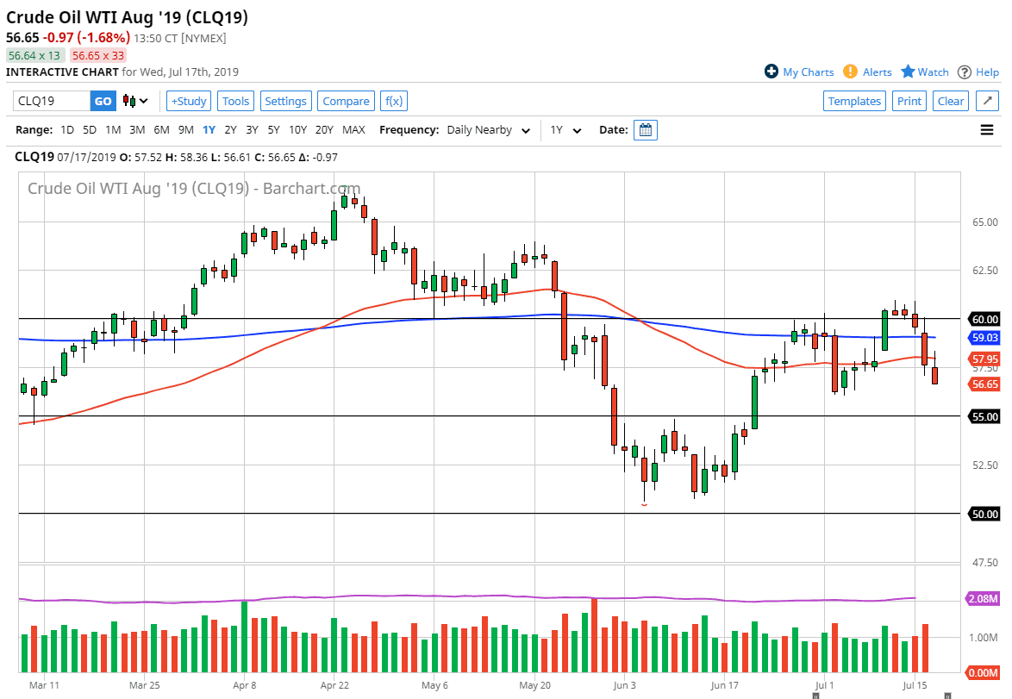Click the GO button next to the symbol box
tap(103, 101)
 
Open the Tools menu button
tap(235, 101)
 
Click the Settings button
tap(285, 101)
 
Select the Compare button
tap(346, 101)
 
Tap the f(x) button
tap(393, 101)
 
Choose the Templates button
tap(854, 101)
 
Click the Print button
tap(909, 101)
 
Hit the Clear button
tap(950, 101)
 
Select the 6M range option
tap(161, 130)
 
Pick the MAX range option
tap(353, 130)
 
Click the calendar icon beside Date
tap(646, 130)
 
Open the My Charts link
tap(799, 72)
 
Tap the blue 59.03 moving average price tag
tap(984, 339)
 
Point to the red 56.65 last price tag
tap(984, 384)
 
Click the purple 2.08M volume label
tap(984, 598)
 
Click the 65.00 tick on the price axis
tap(984, 222)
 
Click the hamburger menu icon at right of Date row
tap(987, 130)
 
